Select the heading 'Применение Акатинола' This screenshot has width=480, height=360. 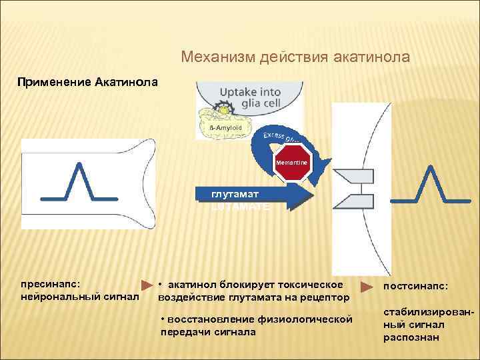[x=88, y=83]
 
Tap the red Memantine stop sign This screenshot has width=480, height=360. [x=293, y=163]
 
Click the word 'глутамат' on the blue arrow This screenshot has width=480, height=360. [x=235, y=194]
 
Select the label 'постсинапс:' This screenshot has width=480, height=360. [x=415, y=286]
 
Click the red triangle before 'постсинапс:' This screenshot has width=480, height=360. [x=367, y=287]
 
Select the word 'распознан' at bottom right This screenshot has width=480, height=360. [x=411, y=337]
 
